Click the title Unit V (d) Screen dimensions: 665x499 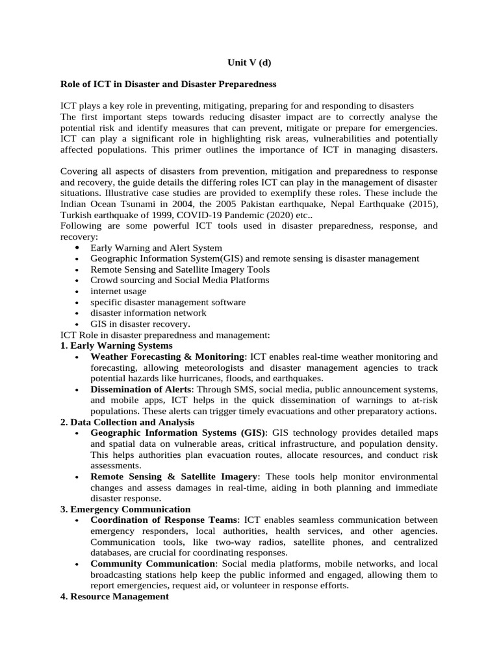pos(249,63)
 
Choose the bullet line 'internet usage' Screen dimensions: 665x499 pos(118,291)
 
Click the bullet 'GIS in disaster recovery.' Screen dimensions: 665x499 pos(140,323)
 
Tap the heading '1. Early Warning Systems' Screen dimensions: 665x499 pos(116,345)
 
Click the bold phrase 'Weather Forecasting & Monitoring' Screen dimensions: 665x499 pos(168,357)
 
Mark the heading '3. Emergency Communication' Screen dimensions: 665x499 pos(125,509)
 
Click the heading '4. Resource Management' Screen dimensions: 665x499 pos(114,596)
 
